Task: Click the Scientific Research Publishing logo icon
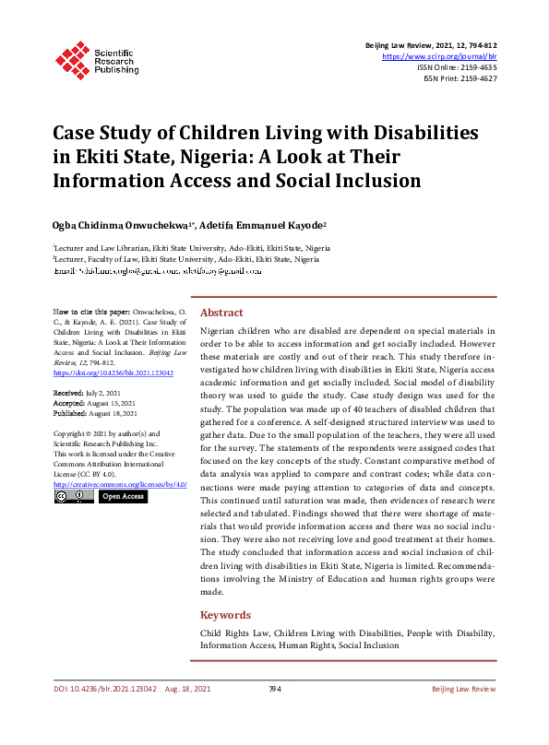[x=69, y=59]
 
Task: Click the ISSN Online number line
[x=457, y=67]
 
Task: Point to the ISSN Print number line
[x=459, y=78]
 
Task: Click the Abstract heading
[x=221, y=313]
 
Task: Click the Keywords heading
[x=225, y=614]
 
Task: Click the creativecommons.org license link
[x=120, y=484]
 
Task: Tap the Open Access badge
[x=123, y=496]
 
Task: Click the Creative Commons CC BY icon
[x=73, y=496]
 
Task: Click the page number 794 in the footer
[x=274, y=690]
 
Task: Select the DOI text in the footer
[x=104, y=690]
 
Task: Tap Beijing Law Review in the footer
[x=464, y=690]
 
